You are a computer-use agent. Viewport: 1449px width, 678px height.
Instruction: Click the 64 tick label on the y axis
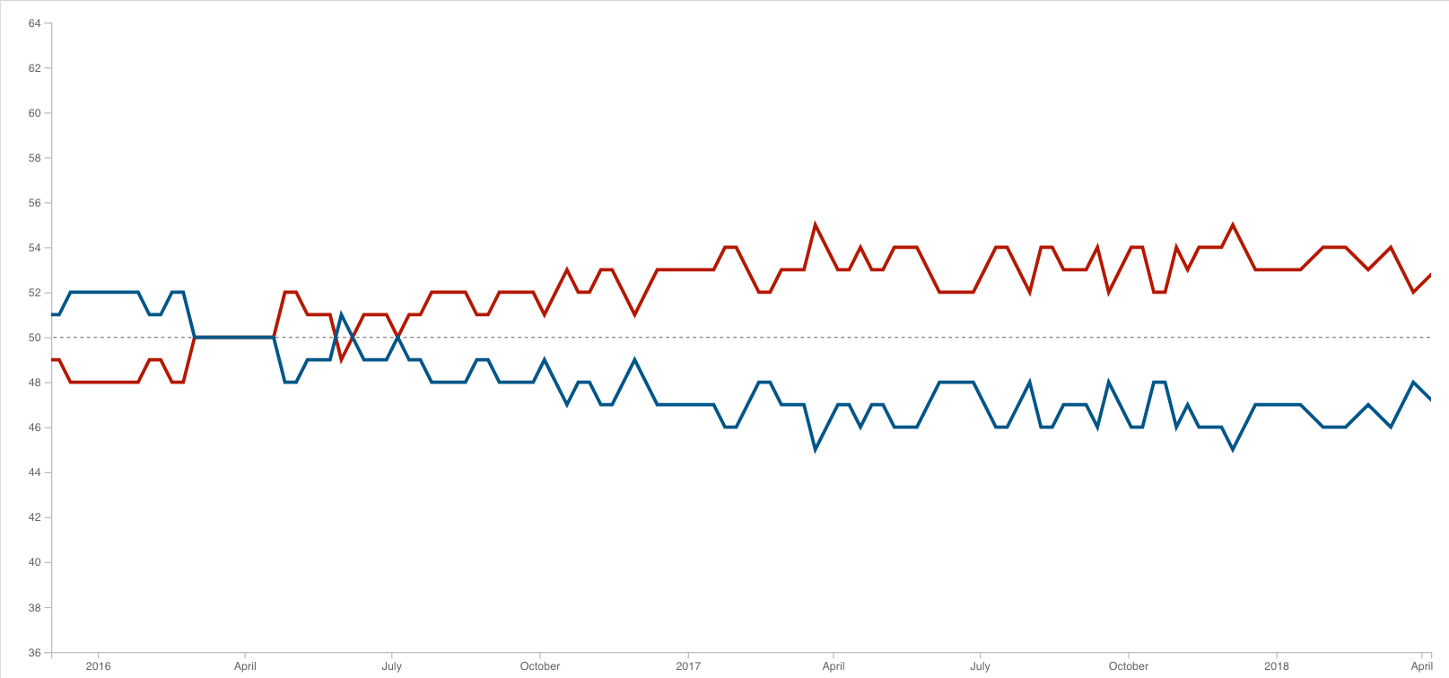click(34, 23)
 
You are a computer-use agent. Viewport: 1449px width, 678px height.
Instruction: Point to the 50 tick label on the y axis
click(34, 338)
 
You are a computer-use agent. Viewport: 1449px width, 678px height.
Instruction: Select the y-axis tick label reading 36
click(34, 653)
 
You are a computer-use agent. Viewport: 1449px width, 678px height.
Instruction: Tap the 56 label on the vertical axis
click(34, 203)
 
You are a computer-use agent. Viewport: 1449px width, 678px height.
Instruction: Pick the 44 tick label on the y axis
click(34, 472)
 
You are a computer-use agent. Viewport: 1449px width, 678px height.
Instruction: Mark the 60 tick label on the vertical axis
click(34, 113)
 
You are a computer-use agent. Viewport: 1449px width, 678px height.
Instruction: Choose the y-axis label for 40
click(34, 562)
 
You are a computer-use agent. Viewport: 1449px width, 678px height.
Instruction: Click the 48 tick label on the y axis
click(34, 383)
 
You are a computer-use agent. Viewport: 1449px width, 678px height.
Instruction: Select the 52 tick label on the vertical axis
click(34, 293)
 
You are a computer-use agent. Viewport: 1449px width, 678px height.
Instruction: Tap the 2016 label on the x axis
click(98, 666)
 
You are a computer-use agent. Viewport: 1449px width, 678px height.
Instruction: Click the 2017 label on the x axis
click(688, 666)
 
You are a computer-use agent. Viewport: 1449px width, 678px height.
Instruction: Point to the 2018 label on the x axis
click(1276, 666)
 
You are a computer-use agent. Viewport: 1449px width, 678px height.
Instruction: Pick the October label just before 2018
click(1128, 666)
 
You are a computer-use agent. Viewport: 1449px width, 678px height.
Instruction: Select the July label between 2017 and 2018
click(980, 666)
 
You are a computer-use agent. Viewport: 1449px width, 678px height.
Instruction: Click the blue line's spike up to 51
click(341, 315)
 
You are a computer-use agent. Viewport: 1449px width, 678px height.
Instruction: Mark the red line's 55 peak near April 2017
click(815, 225)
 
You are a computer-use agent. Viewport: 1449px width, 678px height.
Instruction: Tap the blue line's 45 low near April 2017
click(815, 449)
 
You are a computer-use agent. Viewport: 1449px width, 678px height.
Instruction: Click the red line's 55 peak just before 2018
click(1233, 225)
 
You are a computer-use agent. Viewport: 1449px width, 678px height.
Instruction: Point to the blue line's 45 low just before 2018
click(1233, 449)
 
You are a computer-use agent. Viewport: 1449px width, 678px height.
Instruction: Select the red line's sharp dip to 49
click(341, 359)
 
